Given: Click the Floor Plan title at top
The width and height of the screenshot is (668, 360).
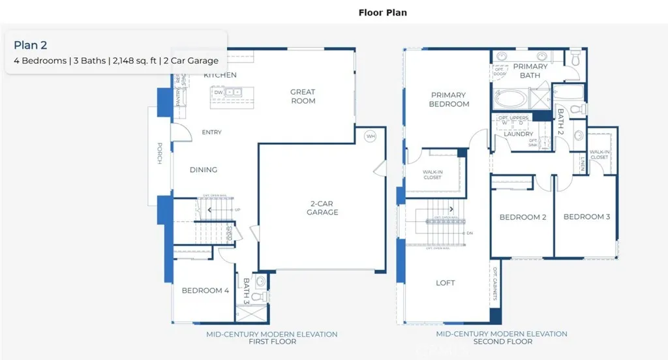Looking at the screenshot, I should [383, 12].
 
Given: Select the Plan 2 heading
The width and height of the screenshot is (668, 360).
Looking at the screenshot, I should [31, 45].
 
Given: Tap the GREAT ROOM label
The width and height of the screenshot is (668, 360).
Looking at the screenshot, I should [303, 97].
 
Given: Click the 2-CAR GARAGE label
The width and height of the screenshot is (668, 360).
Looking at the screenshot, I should [323, 207].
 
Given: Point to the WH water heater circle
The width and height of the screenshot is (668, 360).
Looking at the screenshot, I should [371, 136].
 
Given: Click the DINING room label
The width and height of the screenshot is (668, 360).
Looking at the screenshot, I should [204, 170].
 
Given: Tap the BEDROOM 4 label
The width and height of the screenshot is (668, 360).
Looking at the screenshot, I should [205, 291].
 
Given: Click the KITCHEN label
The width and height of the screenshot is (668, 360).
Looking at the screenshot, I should [220, 75].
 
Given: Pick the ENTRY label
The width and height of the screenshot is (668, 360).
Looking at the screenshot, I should [211, 132].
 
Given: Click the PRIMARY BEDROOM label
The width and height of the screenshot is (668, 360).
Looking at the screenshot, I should [449, 100].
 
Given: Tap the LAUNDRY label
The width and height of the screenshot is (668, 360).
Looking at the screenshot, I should [519, 134].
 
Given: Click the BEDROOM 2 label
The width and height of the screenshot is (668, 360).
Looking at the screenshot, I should [523, 217].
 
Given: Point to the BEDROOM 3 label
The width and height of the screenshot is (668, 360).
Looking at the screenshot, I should [586, 217].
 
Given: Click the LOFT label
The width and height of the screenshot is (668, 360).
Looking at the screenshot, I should [446, 283].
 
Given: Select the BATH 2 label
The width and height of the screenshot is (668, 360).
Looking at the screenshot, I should [560, 121].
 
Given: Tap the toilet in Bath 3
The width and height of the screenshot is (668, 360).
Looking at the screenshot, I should [260, 296].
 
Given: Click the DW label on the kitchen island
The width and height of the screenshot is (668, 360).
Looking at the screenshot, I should [219, 93].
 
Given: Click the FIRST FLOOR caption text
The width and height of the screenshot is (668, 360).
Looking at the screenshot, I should [271, 342].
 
